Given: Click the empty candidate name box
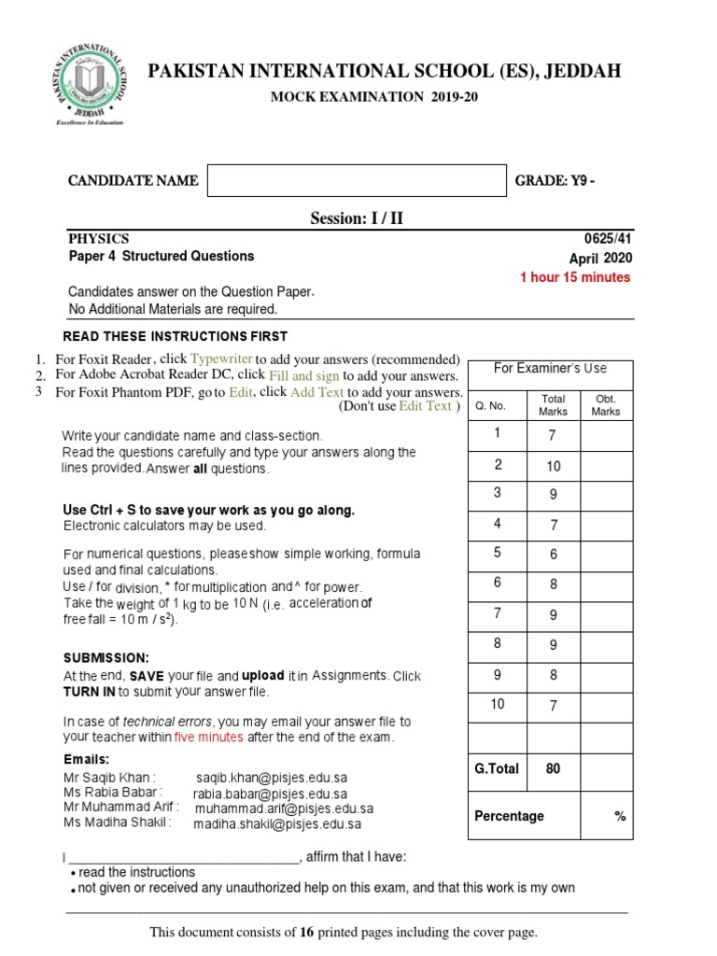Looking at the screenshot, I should [x=356, y=181].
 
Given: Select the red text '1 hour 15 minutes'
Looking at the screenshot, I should [x=575, y=277].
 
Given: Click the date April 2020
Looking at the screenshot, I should [x=600, y=258].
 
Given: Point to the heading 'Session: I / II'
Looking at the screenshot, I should [x=358, y=219].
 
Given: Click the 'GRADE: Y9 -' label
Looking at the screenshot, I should [x=555, y=181].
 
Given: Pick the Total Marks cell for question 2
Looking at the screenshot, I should [x=553, y=466].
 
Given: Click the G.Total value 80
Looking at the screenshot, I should [x=553, y=769].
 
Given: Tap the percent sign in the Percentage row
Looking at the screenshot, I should [x=619, y=816].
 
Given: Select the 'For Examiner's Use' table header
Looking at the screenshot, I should [x=550, y=369].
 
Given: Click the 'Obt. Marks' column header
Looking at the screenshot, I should [x=606, y=404].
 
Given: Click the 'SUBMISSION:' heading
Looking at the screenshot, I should [x=105, y=658].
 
